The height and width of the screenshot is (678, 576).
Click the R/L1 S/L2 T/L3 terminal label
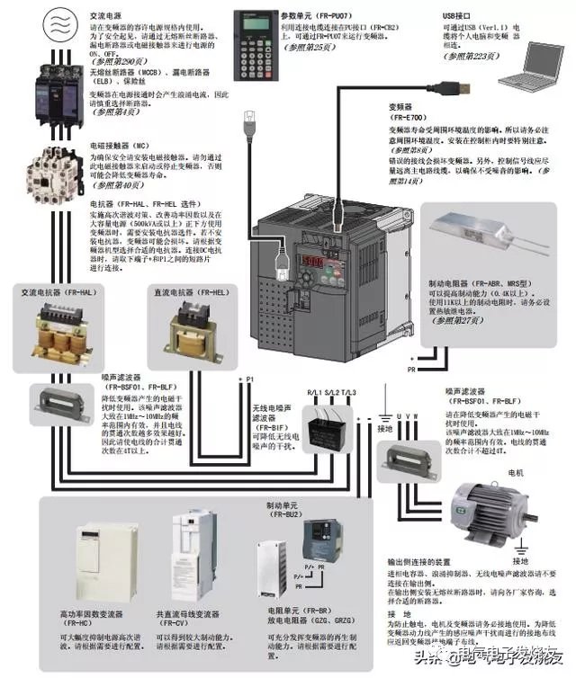[331, 393]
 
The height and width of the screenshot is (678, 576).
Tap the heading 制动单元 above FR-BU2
[283, 505]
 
